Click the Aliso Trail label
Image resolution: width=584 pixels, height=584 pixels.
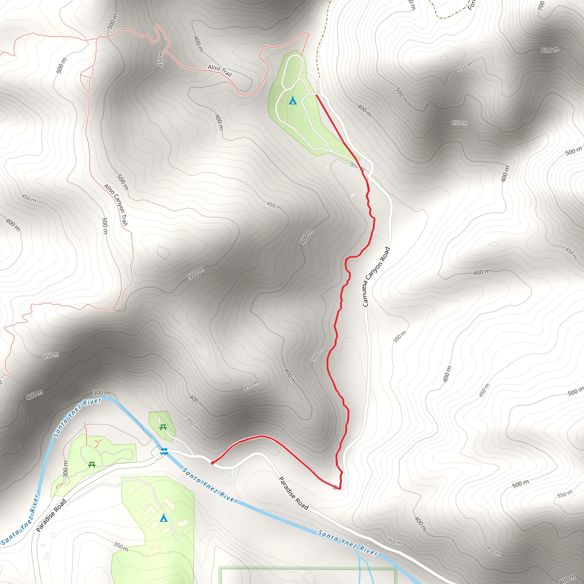point(220,70)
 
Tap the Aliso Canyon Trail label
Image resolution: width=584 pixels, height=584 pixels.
point(116,205)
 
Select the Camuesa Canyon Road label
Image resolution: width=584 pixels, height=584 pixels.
point(376,277)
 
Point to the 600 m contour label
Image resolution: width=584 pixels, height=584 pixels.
point(550,50)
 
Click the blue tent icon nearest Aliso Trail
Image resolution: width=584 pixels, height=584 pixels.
point(293,101)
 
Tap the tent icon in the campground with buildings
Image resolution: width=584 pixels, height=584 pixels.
point(163,518)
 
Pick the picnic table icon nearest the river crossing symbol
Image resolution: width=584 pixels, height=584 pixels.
point(163,427)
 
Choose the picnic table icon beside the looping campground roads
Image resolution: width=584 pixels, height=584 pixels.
point(92,465)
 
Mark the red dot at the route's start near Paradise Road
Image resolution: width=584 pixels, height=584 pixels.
point(212,463)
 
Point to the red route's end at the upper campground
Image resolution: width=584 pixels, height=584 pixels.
point(317,95)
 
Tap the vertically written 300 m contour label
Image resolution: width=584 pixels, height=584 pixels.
point(66,469)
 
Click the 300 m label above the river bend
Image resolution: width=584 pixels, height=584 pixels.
point(101,393)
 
